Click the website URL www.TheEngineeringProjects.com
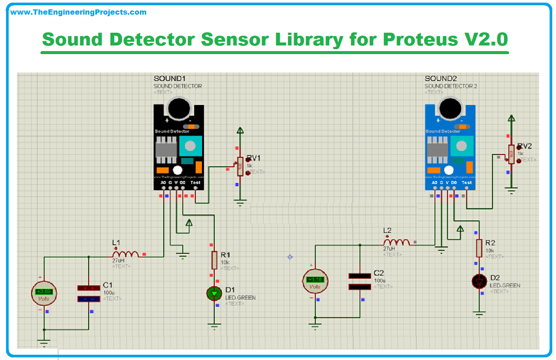(78, 12)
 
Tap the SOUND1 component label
(169, 79)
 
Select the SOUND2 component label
(441, 79)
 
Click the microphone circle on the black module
(179, 108)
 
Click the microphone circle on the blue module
(450, 108)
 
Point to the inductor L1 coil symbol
(125, 254)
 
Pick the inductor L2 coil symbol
(396, 242)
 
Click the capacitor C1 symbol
(89, 293)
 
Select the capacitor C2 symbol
(360, 281)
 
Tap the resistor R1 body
(214, 260)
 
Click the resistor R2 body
(479, 248)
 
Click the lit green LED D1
(214, 293)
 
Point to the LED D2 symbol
(479, 281)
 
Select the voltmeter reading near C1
(44, 292)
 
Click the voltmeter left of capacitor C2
(315, 281)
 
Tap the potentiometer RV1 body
(240, 166)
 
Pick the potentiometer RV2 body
(511, 154)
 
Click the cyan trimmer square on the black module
(190, 146)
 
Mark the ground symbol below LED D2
(479, 314)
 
